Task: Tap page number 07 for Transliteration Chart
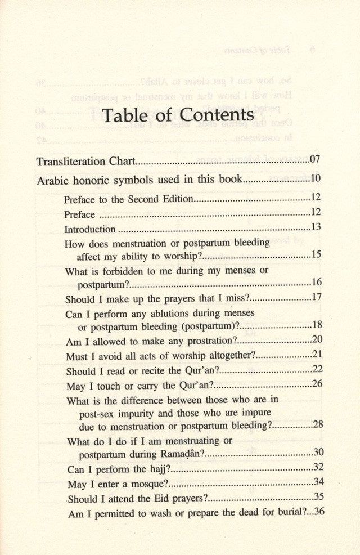pos(314,160)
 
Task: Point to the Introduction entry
pos(90,229)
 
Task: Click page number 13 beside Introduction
pos(316,227)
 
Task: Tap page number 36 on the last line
pos(319,512)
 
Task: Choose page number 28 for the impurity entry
pos(318,424)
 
